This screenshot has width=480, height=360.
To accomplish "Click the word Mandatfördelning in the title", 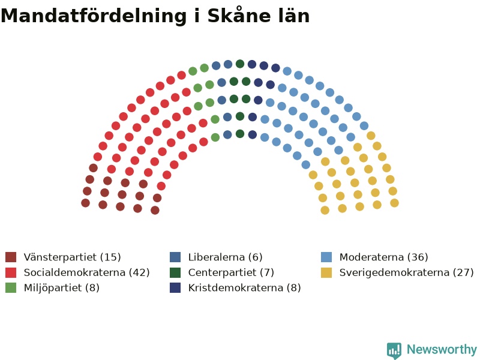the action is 94,16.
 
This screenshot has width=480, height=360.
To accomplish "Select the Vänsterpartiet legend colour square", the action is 11,257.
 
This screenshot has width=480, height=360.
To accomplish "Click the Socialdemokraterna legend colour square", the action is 11,272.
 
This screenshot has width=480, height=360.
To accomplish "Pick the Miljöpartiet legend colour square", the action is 11,288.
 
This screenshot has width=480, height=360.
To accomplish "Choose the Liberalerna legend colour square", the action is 175,257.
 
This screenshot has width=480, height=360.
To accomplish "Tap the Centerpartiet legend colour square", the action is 175,272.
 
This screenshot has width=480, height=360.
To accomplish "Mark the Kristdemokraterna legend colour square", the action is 175,288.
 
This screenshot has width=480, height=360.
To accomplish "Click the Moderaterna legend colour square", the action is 326,257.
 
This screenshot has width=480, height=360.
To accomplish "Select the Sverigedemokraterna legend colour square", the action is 326,272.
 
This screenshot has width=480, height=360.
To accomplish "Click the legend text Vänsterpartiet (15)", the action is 72,257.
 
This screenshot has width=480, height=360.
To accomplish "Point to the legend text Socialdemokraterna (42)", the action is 86,272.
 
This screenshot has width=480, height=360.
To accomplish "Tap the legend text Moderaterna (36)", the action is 383,257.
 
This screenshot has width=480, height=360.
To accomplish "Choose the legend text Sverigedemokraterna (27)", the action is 407,272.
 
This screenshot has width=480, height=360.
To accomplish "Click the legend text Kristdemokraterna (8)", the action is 245,288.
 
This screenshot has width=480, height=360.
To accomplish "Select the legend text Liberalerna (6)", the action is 226,257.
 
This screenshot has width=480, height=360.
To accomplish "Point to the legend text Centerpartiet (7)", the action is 231,272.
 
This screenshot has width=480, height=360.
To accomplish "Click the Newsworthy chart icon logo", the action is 394,350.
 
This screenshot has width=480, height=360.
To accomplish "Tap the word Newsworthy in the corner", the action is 442,349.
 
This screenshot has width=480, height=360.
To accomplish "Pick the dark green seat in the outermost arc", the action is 240,64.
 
